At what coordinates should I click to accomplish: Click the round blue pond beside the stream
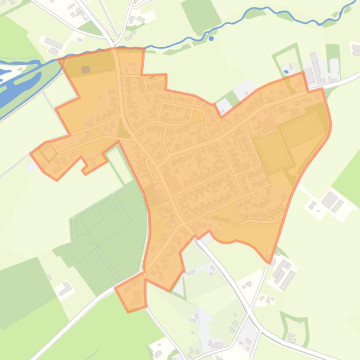(x=211, y=38)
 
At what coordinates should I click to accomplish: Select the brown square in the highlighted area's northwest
(x=85, y=70)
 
